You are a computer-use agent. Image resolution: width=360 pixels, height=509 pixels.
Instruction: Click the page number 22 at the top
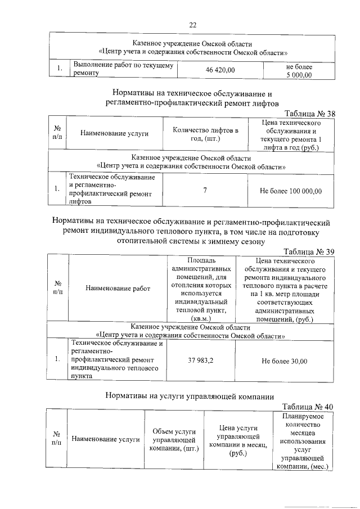[x=192, y=25]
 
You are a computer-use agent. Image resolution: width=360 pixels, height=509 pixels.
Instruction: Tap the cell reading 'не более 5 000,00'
[x=299, y=70]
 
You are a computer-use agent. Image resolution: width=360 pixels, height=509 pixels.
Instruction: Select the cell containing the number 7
[x=205, y=191]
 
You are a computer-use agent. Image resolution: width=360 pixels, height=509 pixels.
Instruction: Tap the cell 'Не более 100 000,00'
[x=291, y=191]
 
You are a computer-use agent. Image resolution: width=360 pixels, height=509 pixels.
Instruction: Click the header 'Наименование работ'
[x=118, y=289]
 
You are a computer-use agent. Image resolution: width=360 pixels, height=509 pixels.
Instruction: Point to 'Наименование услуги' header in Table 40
[x=106, y=440]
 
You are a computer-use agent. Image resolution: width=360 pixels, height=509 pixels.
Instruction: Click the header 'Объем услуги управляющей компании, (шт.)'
[x=174, y=440]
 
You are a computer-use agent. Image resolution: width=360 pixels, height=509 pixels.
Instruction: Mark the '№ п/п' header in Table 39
[x=57, y=289]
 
